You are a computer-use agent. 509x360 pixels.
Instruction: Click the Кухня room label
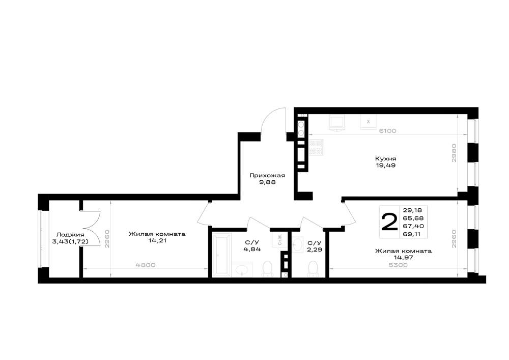click(385, 159)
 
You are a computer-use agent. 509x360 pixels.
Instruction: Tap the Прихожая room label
click(267, 176)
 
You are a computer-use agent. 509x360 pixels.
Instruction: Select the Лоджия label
click(70, 235)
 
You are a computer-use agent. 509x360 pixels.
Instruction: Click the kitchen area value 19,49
click(385, 165)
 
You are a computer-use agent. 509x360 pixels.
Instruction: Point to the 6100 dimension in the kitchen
click(387, 131)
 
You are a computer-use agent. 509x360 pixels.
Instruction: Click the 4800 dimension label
click(146, 265)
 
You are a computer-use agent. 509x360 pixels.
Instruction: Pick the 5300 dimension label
click(398, 265)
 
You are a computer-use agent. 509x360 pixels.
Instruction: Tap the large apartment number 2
click(389, 221)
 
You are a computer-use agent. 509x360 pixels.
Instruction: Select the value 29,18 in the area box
click(413, 210)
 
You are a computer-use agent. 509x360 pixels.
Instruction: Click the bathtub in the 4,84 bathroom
click(221, 256)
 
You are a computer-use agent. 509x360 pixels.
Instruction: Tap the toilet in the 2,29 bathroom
click(313, 269)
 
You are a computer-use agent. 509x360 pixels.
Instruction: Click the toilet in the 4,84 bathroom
click(267, 269)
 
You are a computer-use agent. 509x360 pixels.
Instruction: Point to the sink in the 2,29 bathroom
click(298, 244)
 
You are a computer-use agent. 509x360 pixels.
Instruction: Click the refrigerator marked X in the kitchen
click(368, 122)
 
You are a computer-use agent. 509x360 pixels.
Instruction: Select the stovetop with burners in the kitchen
click(316, 147)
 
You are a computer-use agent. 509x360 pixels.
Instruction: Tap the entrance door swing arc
click(271, 119)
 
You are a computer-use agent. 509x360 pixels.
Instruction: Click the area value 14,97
click(403, 258)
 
